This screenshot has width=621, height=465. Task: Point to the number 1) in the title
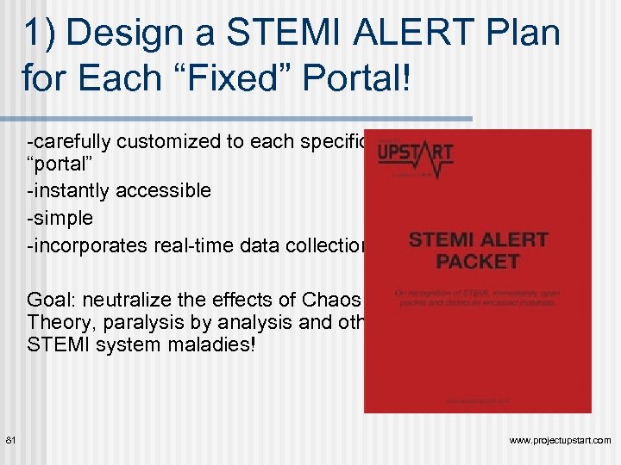(x=41, y=34)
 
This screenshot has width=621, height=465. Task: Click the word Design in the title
(x=129, y=34)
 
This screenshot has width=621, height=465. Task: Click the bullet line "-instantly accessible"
(x=119, y=190)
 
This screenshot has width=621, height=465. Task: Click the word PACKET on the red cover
(x=476, y=261)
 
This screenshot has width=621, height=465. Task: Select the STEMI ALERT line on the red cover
(x=476, y=239)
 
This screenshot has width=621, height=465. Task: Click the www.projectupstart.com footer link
(x=560, y=440)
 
